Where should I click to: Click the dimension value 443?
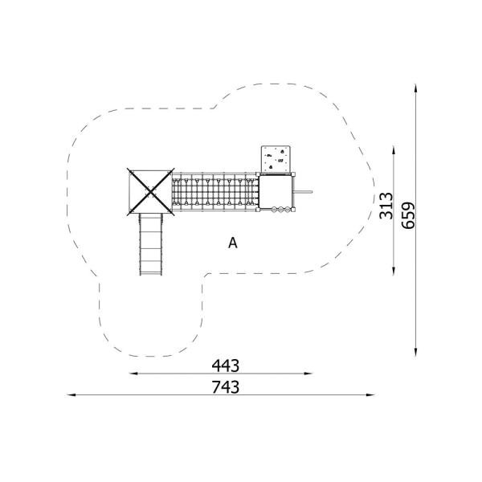point(225,366)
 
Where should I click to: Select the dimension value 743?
point(225,387)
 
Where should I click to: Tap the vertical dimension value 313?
point(386,206)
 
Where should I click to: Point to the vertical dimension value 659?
point(408,215)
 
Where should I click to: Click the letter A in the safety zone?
point(233,243)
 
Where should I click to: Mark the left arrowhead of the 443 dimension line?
point(133,374)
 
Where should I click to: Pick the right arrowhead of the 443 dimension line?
point(308,374)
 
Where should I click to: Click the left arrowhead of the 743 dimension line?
point(71,394)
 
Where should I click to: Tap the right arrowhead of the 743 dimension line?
point(370,394)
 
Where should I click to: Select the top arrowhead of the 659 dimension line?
point(415,88)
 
